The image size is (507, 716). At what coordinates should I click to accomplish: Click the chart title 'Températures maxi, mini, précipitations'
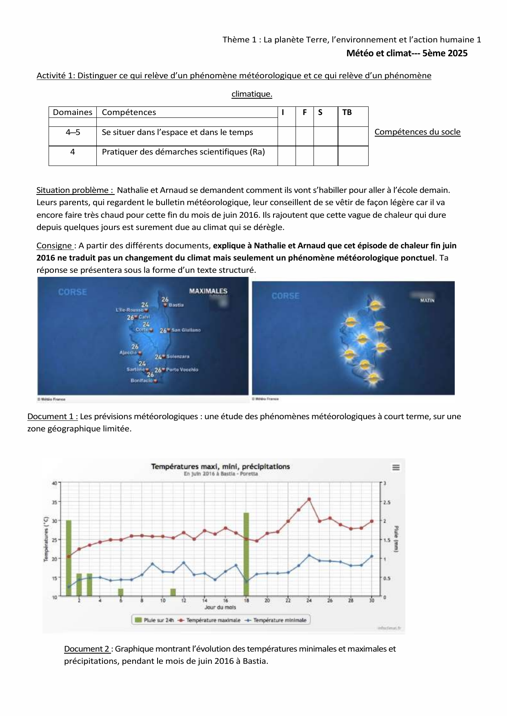coord(220,466)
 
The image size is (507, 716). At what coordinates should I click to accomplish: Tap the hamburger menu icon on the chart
coord(396,467)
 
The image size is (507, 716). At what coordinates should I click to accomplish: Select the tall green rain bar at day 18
coord(246,555)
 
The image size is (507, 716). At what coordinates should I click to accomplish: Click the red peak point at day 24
coord(309,499)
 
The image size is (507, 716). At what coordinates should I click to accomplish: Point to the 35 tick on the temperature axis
coord(54,502)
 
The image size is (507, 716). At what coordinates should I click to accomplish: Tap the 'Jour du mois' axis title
coord(220,608)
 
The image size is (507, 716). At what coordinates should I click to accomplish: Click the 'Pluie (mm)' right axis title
coord(396,539)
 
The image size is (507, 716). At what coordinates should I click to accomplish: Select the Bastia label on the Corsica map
coord(176,305)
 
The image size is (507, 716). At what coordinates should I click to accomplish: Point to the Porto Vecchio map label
coord(182,370)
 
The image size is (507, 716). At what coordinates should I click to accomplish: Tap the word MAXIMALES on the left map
coord(208,291)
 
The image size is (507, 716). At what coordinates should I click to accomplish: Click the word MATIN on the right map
coord(427,301)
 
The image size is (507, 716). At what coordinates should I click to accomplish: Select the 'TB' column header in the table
coord(347,113)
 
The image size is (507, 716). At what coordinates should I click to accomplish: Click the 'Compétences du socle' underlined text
coord(417,132)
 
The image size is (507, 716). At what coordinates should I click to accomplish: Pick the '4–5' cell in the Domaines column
coord(73,133)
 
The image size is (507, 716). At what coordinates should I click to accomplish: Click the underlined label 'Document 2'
coord(87,649)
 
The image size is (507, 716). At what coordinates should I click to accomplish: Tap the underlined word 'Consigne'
coord(54,246)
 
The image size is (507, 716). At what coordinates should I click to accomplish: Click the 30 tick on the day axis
coord(371,601)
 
